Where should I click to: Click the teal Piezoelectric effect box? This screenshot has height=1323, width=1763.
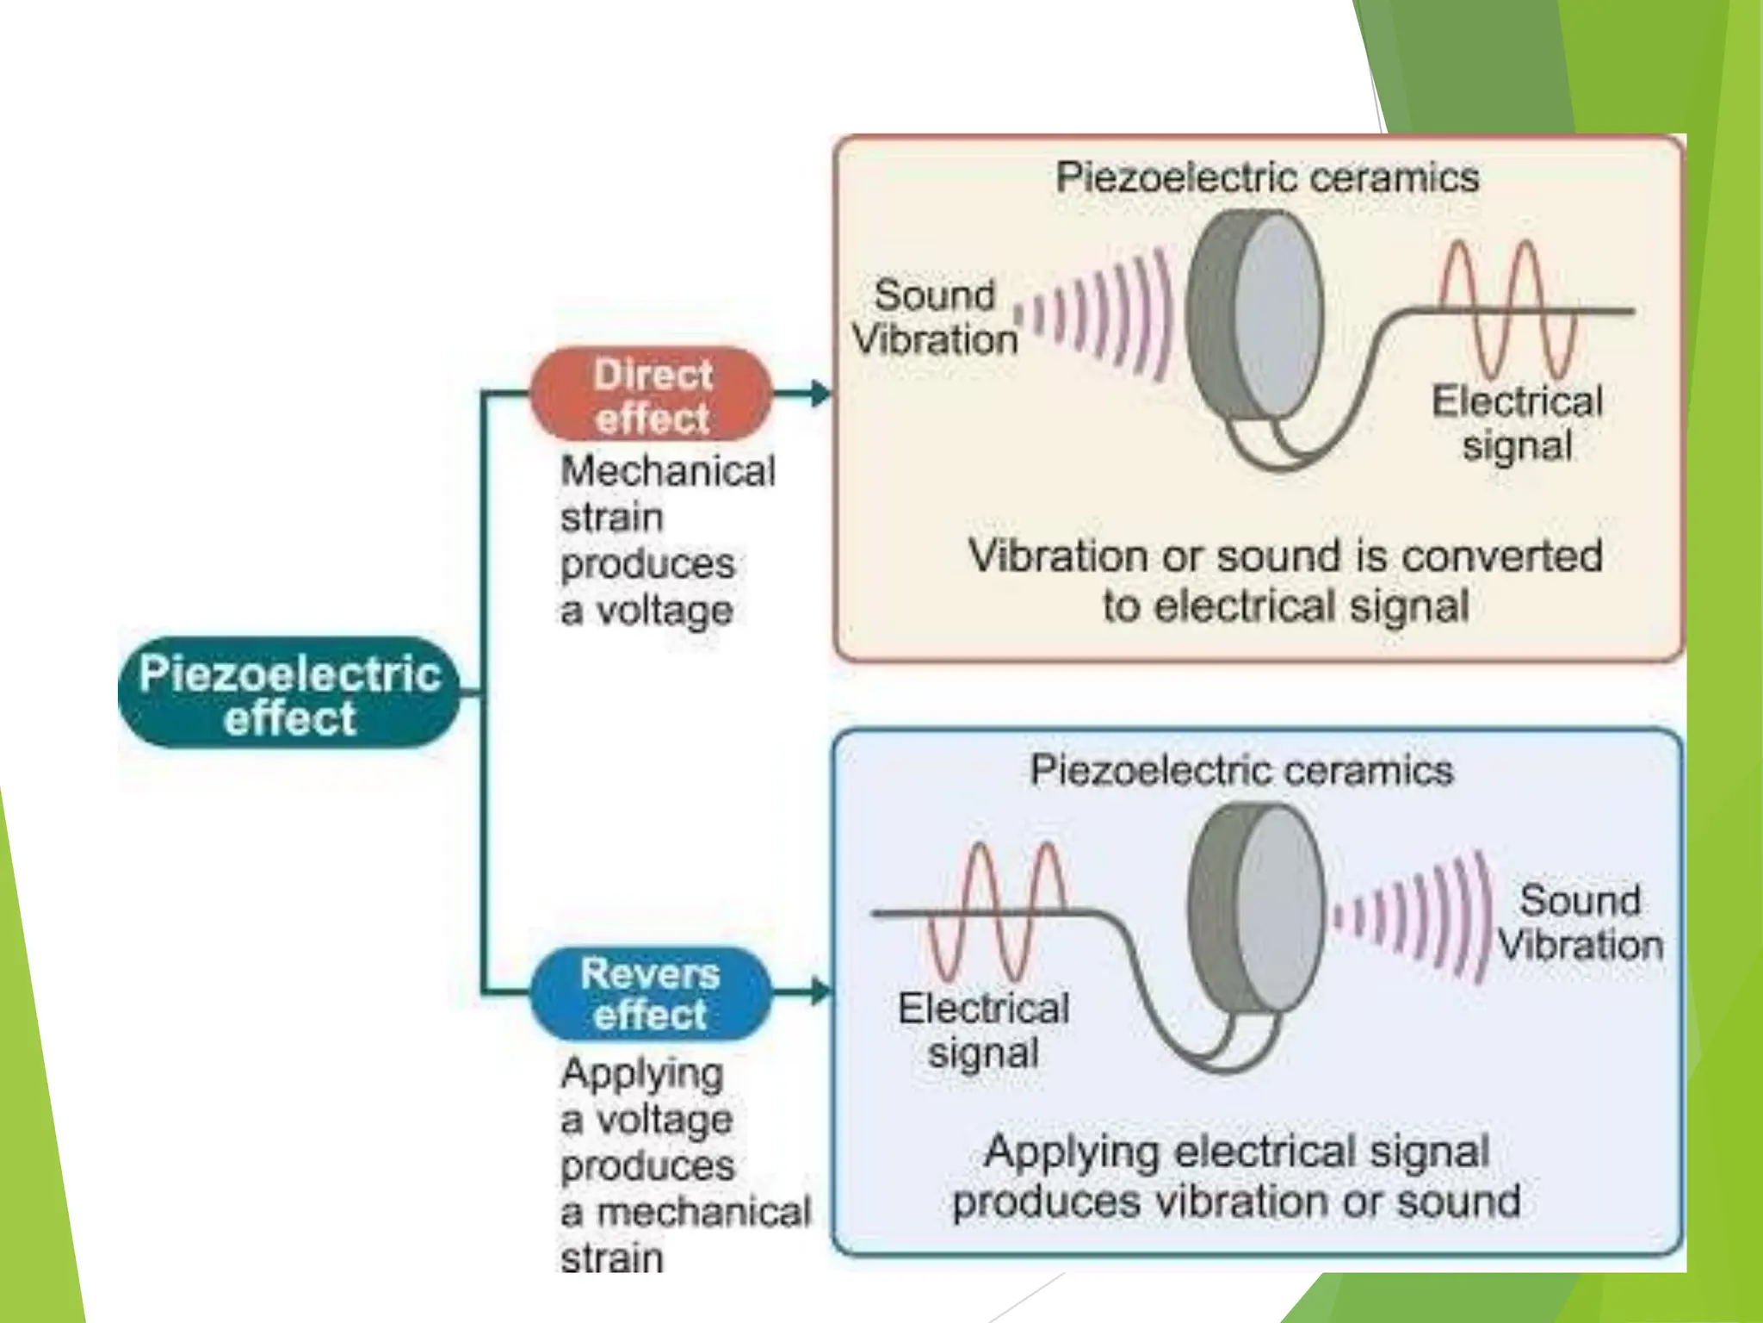289,694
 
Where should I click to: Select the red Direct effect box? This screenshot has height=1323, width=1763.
652,395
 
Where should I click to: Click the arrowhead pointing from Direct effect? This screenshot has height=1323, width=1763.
820,394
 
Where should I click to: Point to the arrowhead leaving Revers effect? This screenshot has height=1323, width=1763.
820,992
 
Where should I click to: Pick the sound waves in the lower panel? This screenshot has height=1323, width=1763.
1412,916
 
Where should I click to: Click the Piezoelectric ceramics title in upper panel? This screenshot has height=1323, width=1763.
1267,177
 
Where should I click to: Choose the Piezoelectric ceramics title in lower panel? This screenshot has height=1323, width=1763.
1241,770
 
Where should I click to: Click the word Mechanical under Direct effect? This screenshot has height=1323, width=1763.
668,471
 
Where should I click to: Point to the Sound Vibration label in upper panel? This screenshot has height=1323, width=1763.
935,317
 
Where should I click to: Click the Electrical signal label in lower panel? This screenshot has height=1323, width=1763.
983,1030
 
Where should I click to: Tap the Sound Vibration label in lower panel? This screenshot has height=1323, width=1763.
1581,922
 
